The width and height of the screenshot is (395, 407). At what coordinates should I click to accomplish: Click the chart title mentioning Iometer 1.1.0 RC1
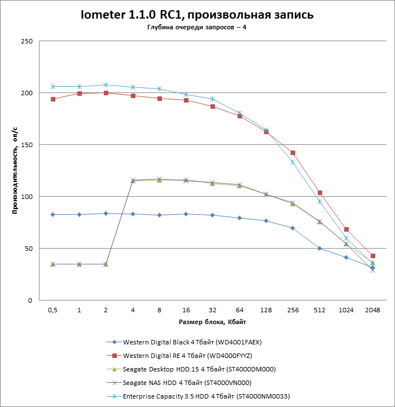[x=197, y=15]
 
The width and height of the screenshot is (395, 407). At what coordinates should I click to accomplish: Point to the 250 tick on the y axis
[x=27, y=41]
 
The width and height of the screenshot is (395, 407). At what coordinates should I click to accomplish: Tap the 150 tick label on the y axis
[x=27, y=145]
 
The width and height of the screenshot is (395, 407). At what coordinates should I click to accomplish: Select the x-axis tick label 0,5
[x=52, y=310]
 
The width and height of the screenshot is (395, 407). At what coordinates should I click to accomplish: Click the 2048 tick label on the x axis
[x=372, y=310]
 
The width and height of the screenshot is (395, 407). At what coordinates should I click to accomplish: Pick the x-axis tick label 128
[x=266, y=310]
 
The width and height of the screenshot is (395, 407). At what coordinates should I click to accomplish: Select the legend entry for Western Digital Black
[x=192, y=342]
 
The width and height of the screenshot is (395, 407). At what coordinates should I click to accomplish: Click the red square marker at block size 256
[x=292, y=153]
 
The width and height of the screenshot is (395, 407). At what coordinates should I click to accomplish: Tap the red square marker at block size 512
[x=319, y=193]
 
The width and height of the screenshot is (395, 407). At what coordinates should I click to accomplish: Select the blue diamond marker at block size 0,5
[x=52, y=214]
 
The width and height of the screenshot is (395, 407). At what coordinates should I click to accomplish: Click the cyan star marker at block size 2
[x=106, y=85]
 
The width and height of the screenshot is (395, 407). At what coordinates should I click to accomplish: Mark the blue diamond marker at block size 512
[x=319, y=248]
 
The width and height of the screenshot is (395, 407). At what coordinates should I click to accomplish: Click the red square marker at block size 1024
[x=346, y=229]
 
